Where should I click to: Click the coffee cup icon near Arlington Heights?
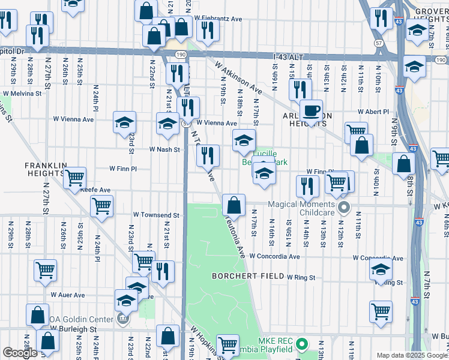coord(311,111)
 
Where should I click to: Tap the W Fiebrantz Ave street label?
coord(220,19)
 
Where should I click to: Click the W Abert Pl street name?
coord(373,111)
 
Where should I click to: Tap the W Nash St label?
coord(164,149)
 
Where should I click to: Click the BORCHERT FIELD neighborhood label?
coord(246,276)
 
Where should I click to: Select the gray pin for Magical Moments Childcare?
coord(343,208)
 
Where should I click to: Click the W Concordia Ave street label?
coord(274,256)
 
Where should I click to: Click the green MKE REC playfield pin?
coord(303,345)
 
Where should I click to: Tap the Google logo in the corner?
coord(20,353)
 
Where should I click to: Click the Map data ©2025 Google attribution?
coord(411,355)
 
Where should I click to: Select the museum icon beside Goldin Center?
coord(123,319)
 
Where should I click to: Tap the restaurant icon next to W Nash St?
coord(208,156)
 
